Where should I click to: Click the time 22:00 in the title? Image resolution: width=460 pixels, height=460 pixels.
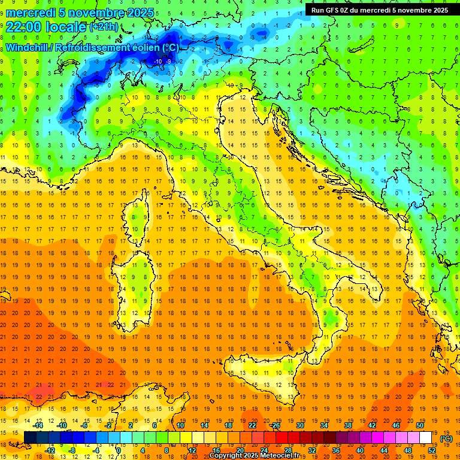[26, 27]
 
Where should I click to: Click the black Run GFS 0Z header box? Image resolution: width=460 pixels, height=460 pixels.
[379, 10]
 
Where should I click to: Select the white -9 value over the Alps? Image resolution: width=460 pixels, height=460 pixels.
[169, 61]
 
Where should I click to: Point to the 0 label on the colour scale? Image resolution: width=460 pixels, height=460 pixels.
[119, 450]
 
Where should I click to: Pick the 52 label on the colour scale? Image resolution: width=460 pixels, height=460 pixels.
[432, 450]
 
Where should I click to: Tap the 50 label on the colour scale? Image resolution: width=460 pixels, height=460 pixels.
[420, 425]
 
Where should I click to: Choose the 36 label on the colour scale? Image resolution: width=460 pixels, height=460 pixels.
[336, 450]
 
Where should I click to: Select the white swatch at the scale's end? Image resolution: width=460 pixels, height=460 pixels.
[425, 438]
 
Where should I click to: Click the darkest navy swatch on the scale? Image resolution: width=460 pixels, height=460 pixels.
[30, 438]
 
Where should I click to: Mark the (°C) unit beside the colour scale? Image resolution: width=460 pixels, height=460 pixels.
[446, 438]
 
